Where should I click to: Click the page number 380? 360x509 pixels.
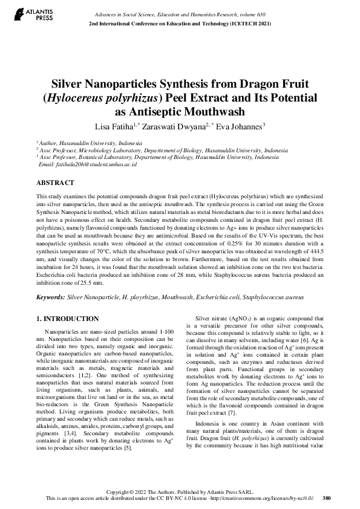tap(326, 498)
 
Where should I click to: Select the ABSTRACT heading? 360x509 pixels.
tap(55, 182)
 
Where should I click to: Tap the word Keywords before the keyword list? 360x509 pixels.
tap(51, 297)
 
